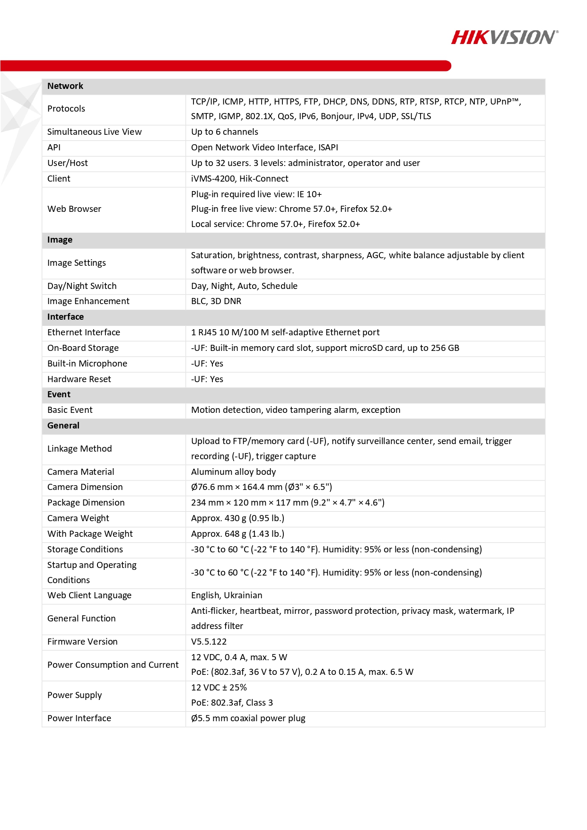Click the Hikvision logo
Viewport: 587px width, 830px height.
504,37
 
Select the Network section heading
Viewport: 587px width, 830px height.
65,86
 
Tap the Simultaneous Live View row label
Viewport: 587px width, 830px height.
94,132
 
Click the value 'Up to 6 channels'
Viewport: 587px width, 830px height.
224,132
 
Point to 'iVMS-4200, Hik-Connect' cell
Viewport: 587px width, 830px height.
239,179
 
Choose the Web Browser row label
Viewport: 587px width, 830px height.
74,209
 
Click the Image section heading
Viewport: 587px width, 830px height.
60,240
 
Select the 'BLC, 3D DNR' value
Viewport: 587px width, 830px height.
216,301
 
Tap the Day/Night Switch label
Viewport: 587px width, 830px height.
82,286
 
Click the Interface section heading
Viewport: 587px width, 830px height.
65,317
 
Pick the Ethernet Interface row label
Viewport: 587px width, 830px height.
84,332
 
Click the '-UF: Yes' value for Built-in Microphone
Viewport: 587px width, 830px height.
207,364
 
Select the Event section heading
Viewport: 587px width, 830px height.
59,394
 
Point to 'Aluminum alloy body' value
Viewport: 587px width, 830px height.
233,472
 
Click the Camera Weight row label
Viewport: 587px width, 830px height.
78,518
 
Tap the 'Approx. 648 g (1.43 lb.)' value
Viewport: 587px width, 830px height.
237,534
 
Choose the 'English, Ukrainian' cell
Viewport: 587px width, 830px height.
226,595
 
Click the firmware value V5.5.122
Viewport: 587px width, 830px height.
209,642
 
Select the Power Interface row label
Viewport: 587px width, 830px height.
79,718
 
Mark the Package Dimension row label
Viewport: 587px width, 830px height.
86,503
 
